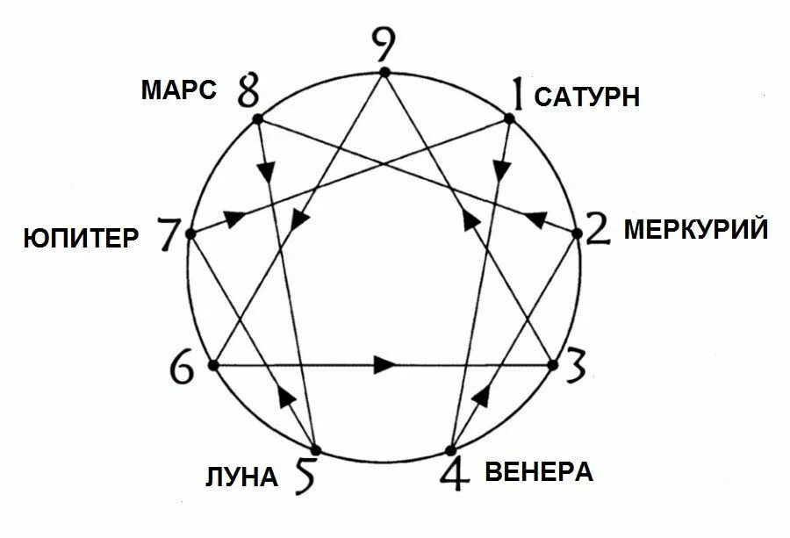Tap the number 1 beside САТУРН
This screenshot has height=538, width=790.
(x=519, y=94)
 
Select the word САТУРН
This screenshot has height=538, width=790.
(x=586, y=97)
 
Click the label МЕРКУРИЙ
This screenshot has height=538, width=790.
(x=696, y=231)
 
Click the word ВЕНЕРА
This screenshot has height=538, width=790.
(x=538, y=472)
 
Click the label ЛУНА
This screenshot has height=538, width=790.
(x=241, y=477)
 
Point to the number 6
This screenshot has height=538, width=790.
(x=183, y=367)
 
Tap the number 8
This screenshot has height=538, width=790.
(x=248, y=91)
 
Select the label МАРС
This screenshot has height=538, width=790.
(x=178, y=90)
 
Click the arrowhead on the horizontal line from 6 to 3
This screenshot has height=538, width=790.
(x=384, y=364)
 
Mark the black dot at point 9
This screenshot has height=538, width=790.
(x=384, y=72)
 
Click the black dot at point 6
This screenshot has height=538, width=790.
(x=212, y=364)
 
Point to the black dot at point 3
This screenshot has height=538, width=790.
(x=553, y=364)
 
